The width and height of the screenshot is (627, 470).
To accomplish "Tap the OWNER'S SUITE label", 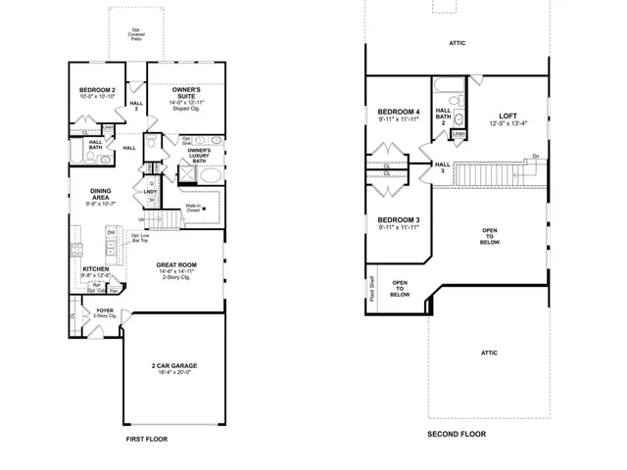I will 186,89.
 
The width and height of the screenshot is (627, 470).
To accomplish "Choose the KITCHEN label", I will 95,268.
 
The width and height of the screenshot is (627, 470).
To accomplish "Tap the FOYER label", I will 105,309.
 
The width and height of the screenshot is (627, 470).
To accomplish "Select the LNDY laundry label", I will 151,191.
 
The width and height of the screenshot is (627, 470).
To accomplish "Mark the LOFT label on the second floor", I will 507,115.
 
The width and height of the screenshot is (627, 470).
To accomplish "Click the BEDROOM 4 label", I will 399,113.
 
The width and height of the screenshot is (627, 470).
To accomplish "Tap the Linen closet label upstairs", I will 458,133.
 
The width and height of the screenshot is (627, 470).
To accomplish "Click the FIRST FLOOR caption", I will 147,440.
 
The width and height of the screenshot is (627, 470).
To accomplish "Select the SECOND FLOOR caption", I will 457,434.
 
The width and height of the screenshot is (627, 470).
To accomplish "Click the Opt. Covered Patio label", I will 136,33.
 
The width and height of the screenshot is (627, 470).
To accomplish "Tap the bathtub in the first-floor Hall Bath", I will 77,153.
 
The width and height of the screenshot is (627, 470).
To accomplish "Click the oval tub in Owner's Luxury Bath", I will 208,176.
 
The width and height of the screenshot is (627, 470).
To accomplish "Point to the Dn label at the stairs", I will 536,158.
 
